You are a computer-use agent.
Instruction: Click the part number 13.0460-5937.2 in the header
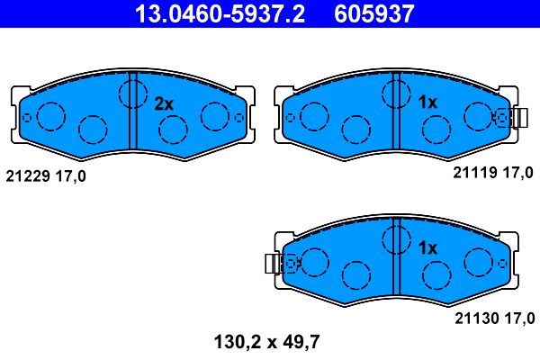click(x=220, y=13)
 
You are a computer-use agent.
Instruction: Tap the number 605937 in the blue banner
click(x=374, y=13)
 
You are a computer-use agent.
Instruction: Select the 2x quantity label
click(x=164, y=103)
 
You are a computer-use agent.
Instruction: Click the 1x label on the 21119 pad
click(x=427, y=102)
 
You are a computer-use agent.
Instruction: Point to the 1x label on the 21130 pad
click(x=427, y=247)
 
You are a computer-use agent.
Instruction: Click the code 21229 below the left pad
click(x=28, y=176)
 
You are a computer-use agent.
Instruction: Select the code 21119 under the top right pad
click(x=475, y=172)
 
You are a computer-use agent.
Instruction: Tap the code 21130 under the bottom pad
click(x=477, y=318)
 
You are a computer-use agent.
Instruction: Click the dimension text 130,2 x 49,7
click(x=267, y=342)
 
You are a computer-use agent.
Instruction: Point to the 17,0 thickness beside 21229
click(x=70, y=176)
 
